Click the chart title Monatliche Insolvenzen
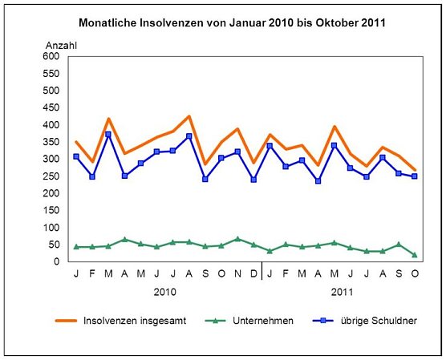233,22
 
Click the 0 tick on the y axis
56,261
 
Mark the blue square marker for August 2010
189,136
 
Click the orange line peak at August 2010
189,116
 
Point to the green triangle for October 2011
415,255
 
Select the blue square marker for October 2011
415,176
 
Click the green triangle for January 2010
76,246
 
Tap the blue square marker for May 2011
334,146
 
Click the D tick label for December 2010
253,273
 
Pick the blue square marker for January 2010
76,156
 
